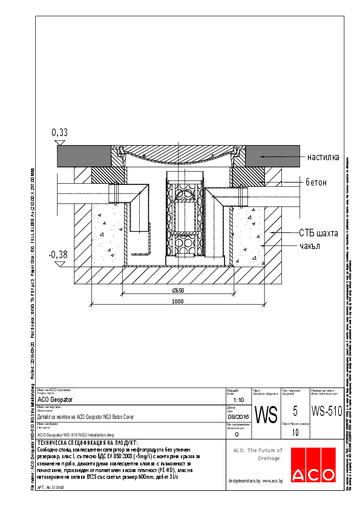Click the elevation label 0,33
59,132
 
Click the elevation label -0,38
59,254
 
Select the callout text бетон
316,182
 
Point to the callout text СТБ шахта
318,233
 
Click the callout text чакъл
312,246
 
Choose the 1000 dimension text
178,301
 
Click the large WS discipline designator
265,415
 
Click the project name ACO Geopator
55,400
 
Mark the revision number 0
237,434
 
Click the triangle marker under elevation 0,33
59,142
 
